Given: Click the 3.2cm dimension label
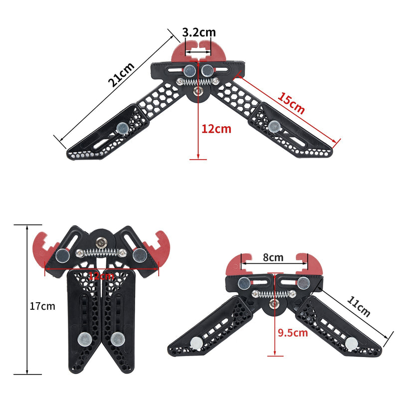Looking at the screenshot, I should (199, 32).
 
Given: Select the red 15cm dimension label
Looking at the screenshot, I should (291, 103).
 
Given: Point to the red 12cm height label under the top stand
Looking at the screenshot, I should (216, 129).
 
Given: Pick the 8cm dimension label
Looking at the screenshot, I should (273, 258).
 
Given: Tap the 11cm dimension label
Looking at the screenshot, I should (358, 306).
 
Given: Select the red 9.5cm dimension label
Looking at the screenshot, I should (293, 333).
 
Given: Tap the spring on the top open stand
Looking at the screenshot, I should (199, 80).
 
